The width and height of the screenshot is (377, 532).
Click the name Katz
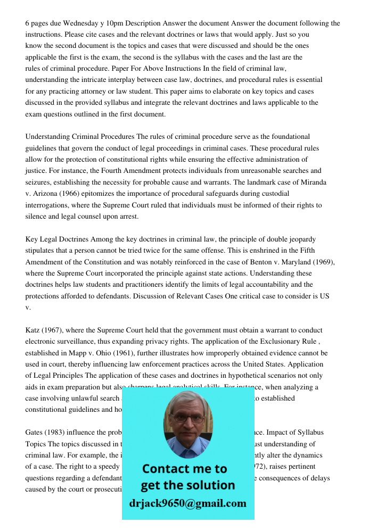34,330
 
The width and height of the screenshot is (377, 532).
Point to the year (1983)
58,432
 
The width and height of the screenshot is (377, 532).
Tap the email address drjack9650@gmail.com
187,503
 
